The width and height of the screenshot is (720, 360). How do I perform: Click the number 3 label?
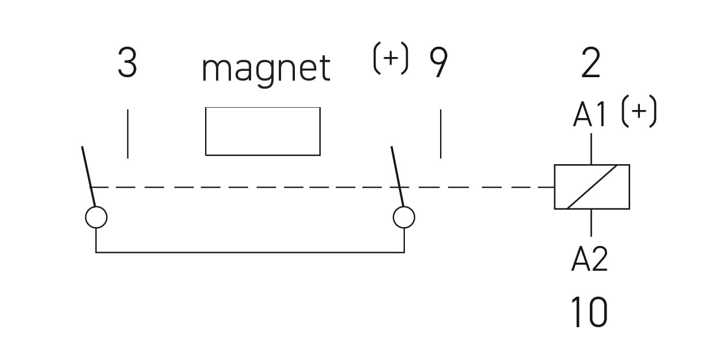[127, 64]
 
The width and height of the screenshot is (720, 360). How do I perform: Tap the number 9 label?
[438, 63]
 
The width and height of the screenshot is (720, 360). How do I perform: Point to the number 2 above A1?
[591, 64]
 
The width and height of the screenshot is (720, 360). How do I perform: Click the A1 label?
[590, 116]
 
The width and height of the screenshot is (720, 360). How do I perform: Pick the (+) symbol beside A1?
[639, 113]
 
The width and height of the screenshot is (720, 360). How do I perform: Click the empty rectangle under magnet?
[263, 131]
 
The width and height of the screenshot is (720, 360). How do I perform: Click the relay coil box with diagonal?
[592, 187]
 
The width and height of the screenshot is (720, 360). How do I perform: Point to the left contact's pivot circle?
[96, 217]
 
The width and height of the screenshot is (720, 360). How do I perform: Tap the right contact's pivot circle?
[404, 217]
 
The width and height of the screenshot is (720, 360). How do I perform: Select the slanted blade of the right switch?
[397, 176]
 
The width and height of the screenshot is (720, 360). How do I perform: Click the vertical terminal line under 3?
[127, 134]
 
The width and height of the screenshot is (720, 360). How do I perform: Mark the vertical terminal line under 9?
[441, 134]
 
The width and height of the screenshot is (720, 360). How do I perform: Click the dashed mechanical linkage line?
[323, 187]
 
